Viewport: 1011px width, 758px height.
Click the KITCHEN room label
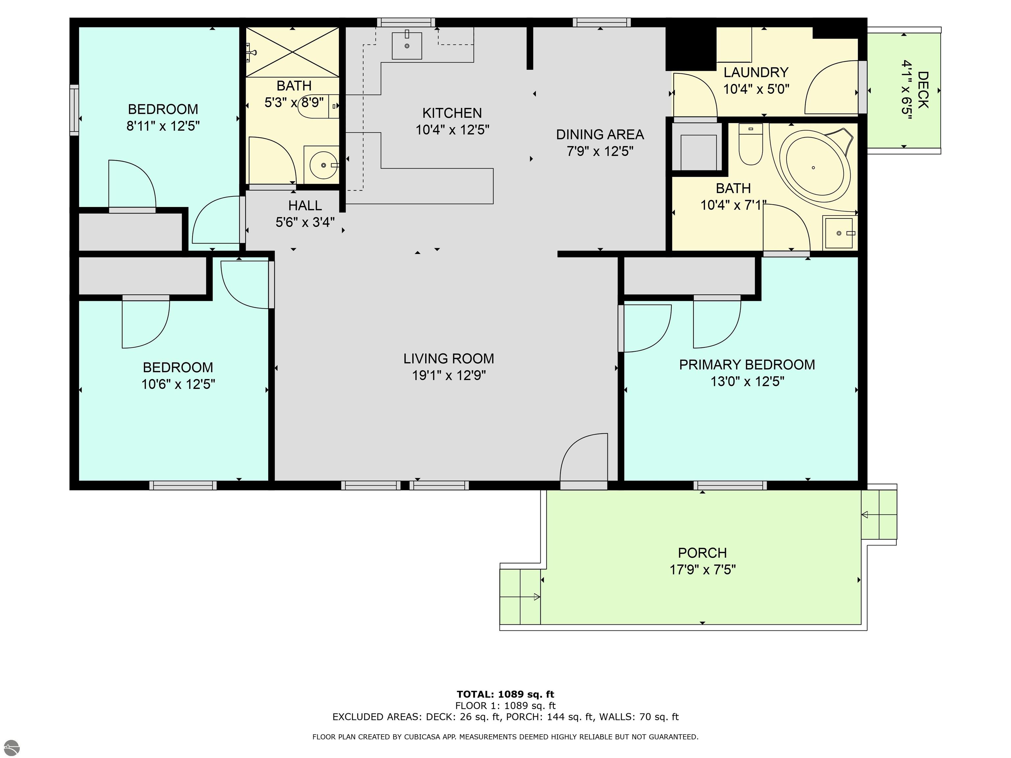(452, 113)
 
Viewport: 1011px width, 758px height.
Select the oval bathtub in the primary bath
(815, 166)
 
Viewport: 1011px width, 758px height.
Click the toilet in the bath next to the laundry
(750, 144)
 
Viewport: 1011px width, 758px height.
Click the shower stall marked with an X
(293, 52)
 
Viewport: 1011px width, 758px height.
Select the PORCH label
(702, 553)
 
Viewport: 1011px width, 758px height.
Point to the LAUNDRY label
(756, 72)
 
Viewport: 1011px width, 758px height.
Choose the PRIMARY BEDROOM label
(747, 365)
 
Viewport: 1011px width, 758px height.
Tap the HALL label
(305, 205)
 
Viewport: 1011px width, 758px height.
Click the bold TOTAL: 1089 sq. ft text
(505, 695)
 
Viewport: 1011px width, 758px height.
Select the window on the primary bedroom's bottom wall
(730, 485)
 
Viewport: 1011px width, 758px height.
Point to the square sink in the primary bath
(839, 233)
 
